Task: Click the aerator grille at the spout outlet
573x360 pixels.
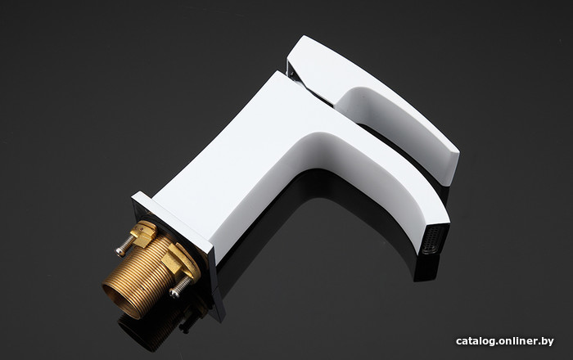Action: [x=433, y=240]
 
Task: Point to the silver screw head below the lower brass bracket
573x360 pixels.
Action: [x=174, y=292]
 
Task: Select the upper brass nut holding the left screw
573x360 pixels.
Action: [x=143, y=234]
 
